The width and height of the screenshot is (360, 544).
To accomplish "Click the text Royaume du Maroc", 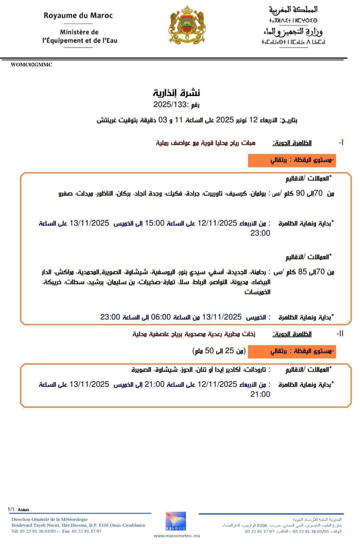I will click(x=78, y=16).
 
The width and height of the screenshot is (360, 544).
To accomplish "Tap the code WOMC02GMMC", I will click(x=31, y=65).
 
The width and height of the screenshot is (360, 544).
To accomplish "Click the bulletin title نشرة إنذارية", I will click(x=177, y=93).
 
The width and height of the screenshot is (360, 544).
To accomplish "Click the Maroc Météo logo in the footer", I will click(x=176, y=521).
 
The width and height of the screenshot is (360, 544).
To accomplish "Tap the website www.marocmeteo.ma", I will click(x=177, y=536).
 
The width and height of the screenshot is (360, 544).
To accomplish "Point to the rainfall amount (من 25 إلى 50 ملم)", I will click(x=219, y=351).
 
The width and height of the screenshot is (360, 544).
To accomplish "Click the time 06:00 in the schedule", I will click(x=161, y=317).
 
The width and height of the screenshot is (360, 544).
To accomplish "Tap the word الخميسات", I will click(x=257, y=292).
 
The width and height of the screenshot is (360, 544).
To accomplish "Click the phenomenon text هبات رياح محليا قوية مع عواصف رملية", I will click(x=206, y=143).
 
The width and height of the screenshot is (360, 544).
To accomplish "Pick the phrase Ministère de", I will click(x=79, y=32).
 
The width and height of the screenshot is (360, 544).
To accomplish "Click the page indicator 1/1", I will click(x=11, y=509).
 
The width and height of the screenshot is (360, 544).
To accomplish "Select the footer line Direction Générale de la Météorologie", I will click(x=50, y=519).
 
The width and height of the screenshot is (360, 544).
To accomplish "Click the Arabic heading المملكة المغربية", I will click(x=293, y=10).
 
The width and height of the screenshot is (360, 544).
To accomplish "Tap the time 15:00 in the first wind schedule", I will click(x=154, y=223).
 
